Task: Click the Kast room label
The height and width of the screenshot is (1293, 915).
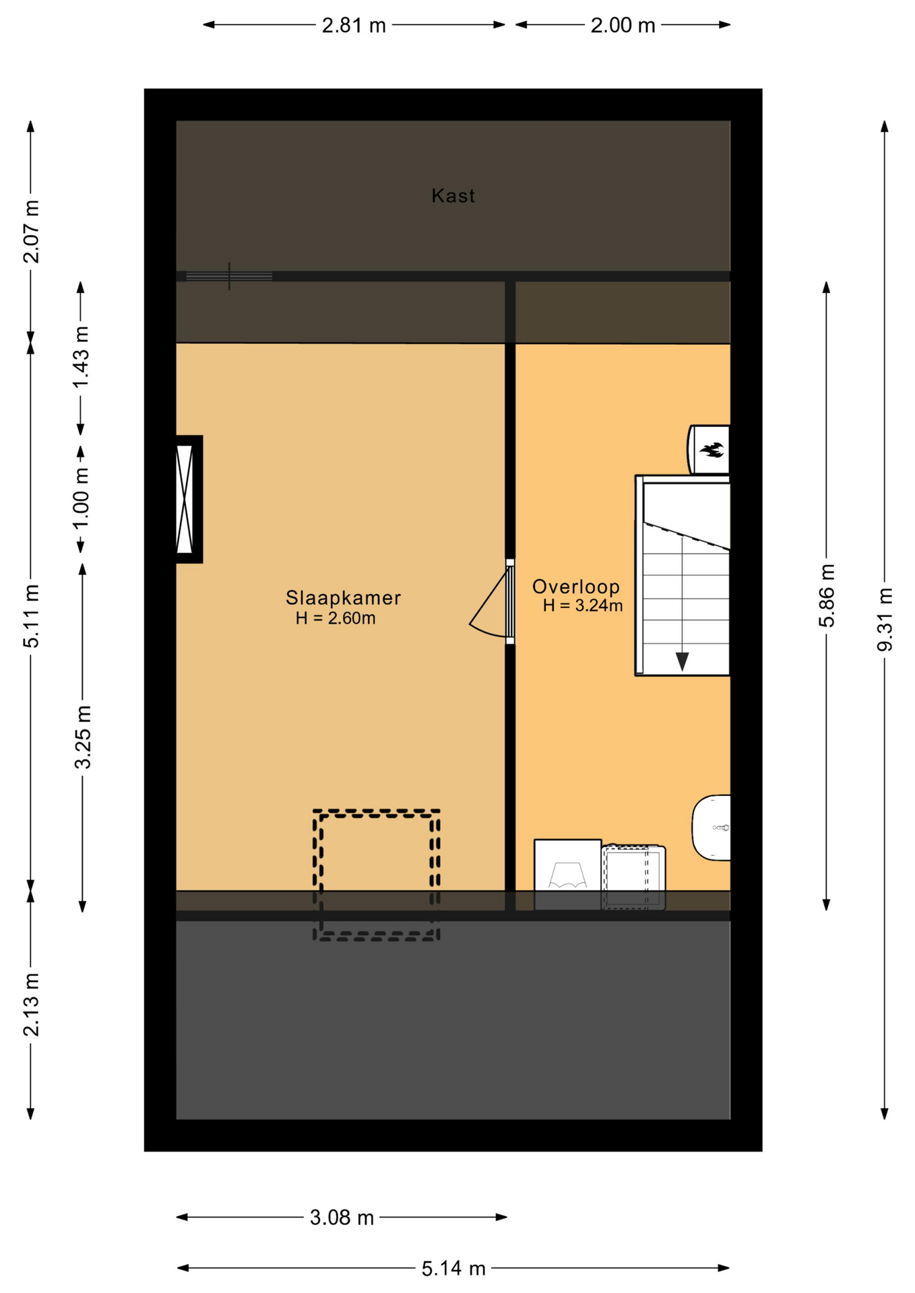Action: tap(453, 196)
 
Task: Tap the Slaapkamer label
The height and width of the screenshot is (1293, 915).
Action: tap(343, 597)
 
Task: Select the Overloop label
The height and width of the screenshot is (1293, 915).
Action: tap(575, 587)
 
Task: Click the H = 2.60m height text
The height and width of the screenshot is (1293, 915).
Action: tap(336, 618)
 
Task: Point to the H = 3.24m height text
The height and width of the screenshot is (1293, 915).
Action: tap(583, 605)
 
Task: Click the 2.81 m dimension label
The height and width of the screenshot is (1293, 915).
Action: tap(354, 26)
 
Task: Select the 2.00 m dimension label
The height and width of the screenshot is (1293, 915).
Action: tap(623, 26)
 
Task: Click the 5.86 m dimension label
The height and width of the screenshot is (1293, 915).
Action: tap(827, 596)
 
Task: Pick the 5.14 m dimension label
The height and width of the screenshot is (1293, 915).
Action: tap(453, 1269)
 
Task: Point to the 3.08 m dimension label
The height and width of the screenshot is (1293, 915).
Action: tap(342, 1218)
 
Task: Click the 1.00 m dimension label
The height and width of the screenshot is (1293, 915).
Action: tap(81, 499)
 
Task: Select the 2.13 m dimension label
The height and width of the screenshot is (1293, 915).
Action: tap(31, 1005)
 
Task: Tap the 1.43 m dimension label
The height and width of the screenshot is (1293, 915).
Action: tap(81, 357)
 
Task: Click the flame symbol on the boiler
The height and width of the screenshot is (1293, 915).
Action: tap(712, 449)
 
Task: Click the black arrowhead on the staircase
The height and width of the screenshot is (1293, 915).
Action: tap(682, 661)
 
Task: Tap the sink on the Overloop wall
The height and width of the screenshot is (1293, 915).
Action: tap(712, 828)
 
